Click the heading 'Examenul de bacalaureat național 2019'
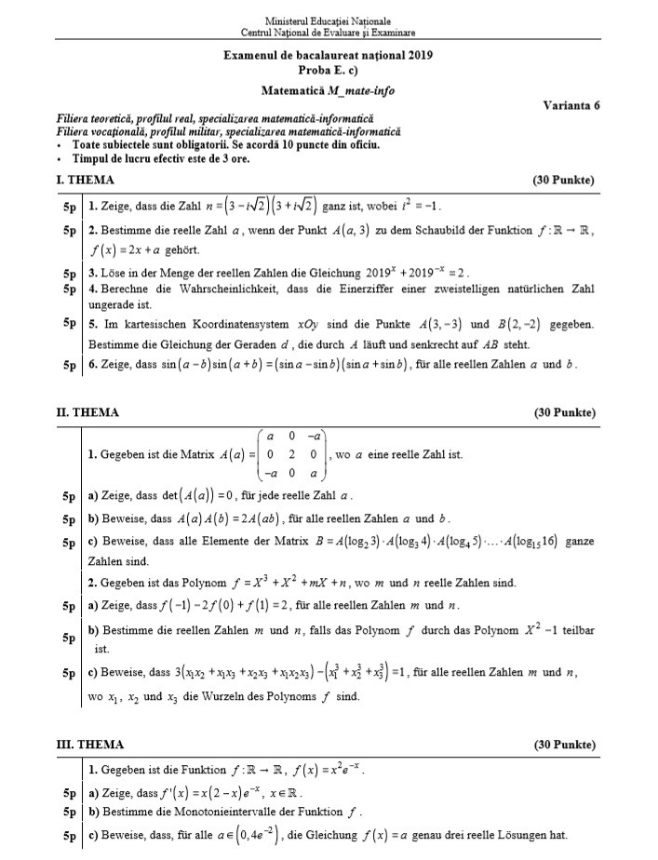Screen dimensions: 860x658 (x=328, y=56)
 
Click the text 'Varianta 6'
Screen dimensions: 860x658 (x=571, y=105)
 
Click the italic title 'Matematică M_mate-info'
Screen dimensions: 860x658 (x=328, y=91)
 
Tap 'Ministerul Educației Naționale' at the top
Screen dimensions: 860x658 (x=328, y=20)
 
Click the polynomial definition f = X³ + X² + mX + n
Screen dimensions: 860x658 (x=311, y=583)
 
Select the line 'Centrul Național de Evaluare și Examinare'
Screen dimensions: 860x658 (x=328, y=32)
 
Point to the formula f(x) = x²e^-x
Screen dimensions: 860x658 (x=327, y=770)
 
